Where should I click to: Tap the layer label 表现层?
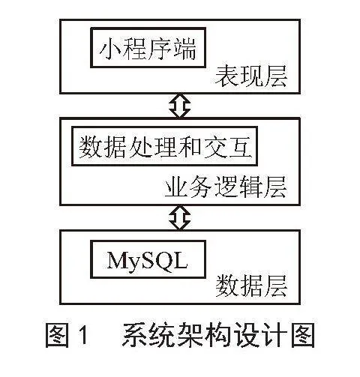[251, 76]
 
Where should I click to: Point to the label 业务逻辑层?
[226, 187]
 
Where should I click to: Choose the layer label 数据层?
[251, 286]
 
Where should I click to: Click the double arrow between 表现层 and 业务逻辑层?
[180, 106]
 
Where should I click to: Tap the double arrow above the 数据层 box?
[180, 217]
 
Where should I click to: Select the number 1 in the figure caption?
[83, 334]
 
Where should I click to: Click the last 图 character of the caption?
[303, 335]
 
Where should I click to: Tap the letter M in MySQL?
[118, 259]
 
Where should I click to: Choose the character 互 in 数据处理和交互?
[240, 147]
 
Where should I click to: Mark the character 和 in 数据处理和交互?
[190, 147]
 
